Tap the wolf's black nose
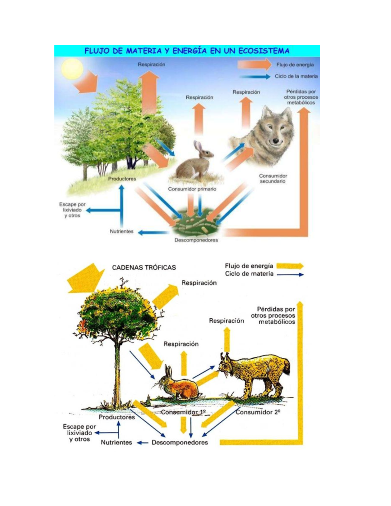[276, 141]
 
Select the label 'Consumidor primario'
[192, 189]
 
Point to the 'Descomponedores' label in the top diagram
[196, 240]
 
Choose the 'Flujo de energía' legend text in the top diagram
[295, 65]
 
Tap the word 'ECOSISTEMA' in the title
[264, 51]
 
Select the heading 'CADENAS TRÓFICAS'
[144, 267]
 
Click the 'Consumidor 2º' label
[258, 412]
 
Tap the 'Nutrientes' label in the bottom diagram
[116, 442]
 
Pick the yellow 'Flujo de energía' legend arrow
[290, 266]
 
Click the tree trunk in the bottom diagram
[117, 375]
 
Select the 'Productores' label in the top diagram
[122, 179]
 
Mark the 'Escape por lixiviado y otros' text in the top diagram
[72, 210]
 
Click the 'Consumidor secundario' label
[273, 179]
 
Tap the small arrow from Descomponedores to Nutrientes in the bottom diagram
[142, 442]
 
